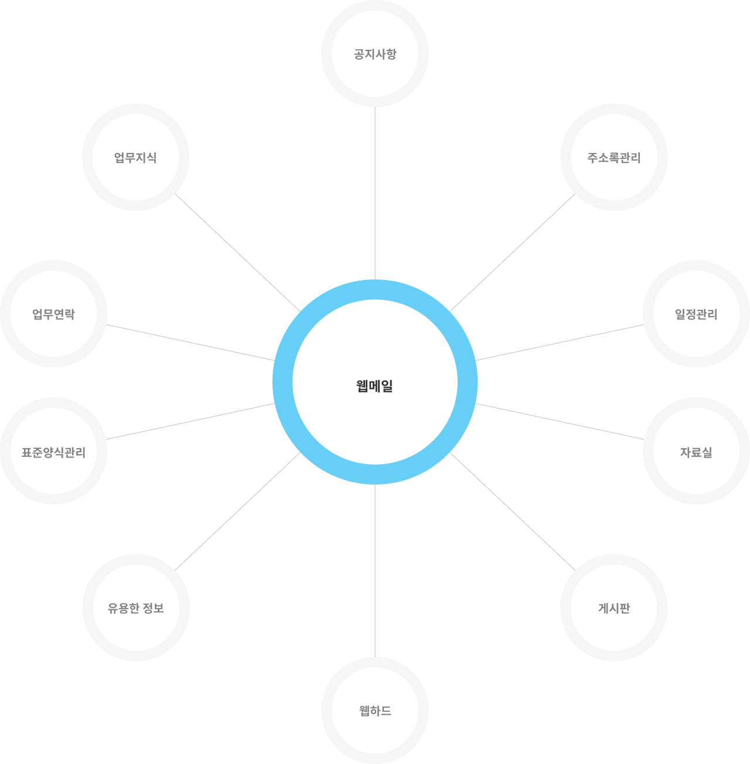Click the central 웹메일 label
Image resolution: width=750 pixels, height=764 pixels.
[374, 386]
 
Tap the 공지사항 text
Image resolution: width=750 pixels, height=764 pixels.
[375, 54]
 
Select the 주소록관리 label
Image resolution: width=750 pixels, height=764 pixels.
[613, 158]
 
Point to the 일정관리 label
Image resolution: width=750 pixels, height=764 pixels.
[696, 315]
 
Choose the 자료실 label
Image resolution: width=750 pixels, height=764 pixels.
[696, 452]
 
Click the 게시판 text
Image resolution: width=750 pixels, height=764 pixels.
[614, 608]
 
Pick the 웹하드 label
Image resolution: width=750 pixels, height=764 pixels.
[375, 711]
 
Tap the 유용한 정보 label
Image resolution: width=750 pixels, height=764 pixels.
[135, 608]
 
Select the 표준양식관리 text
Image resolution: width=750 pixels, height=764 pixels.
[53, 452]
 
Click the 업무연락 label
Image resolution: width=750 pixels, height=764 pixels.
[53, 315]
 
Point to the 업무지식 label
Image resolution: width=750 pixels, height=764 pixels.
[135, 158]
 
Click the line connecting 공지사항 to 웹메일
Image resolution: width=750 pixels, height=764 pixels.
[375, 193]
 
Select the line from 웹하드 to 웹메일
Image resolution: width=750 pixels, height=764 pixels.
[375, 571]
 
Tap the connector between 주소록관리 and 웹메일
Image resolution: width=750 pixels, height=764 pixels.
[513, 253]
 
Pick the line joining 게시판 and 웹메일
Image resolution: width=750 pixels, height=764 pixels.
[513, 511]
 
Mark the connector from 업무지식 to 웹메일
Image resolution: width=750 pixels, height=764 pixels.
[237, 253]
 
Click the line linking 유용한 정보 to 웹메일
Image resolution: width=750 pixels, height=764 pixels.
[237, 511]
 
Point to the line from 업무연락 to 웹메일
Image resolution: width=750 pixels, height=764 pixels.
[190, 343]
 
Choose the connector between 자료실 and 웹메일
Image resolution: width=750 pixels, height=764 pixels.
[560, 421]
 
